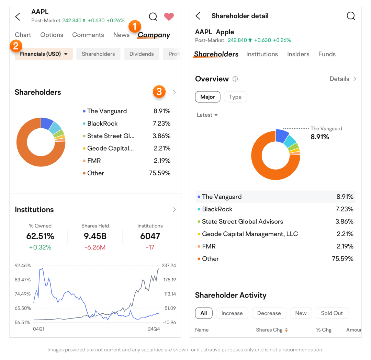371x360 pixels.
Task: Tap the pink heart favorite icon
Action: point(169,16)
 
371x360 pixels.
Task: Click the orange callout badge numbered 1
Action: point(135,26)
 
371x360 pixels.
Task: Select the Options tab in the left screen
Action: point(52,35)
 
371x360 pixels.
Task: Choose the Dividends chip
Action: point(142,54)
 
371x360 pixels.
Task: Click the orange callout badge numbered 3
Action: point(159,92)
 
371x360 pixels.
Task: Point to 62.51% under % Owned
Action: point(40,236)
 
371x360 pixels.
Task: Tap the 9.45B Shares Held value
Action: point(95,236)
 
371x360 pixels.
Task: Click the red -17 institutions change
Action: point(150,247)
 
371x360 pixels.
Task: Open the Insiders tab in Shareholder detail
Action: point(298,54)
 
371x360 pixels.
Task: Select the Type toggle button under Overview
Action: point(235,97)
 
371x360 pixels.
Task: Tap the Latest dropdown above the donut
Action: point(207,115)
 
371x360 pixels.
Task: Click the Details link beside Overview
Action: point(343,79)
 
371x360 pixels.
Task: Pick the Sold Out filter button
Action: point(331,313)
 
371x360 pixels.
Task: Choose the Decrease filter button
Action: point(269,313)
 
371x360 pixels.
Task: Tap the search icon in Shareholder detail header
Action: point(350,16)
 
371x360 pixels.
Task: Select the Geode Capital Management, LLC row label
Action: point(250,234)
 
